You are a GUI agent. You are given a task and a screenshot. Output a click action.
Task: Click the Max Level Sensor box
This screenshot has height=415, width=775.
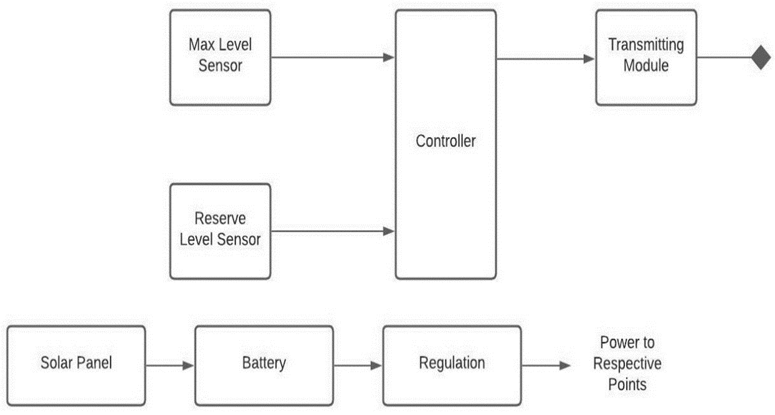coord(220,57)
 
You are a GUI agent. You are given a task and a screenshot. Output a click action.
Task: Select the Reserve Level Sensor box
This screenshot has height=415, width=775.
coord(220,231)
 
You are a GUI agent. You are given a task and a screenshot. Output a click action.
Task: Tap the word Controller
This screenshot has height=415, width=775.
coord(445,141)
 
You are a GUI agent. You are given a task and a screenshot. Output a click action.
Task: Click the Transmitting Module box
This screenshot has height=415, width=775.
coord(645,57)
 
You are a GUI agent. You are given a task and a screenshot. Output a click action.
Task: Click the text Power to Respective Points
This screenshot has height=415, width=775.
coord(627,363)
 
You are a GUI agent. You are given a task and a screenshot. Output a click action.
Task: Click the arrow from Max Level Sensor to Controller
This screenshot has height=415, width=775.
coord(333,58)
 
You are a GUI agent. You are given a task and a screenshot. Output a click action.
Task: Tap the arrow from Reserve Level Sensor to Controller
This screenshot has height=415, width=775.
coord(333,231)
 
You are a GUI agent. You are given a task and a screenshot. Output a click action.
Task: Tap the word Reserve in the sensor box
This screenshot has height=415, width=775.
coord(220,219)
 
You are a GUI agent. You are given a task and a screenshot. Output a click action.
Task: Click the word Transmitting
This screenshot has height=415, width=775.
coord(645,45)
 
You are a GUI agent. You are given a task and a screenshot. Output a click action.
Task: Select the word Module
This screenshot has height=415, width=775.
coord(645,66)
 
